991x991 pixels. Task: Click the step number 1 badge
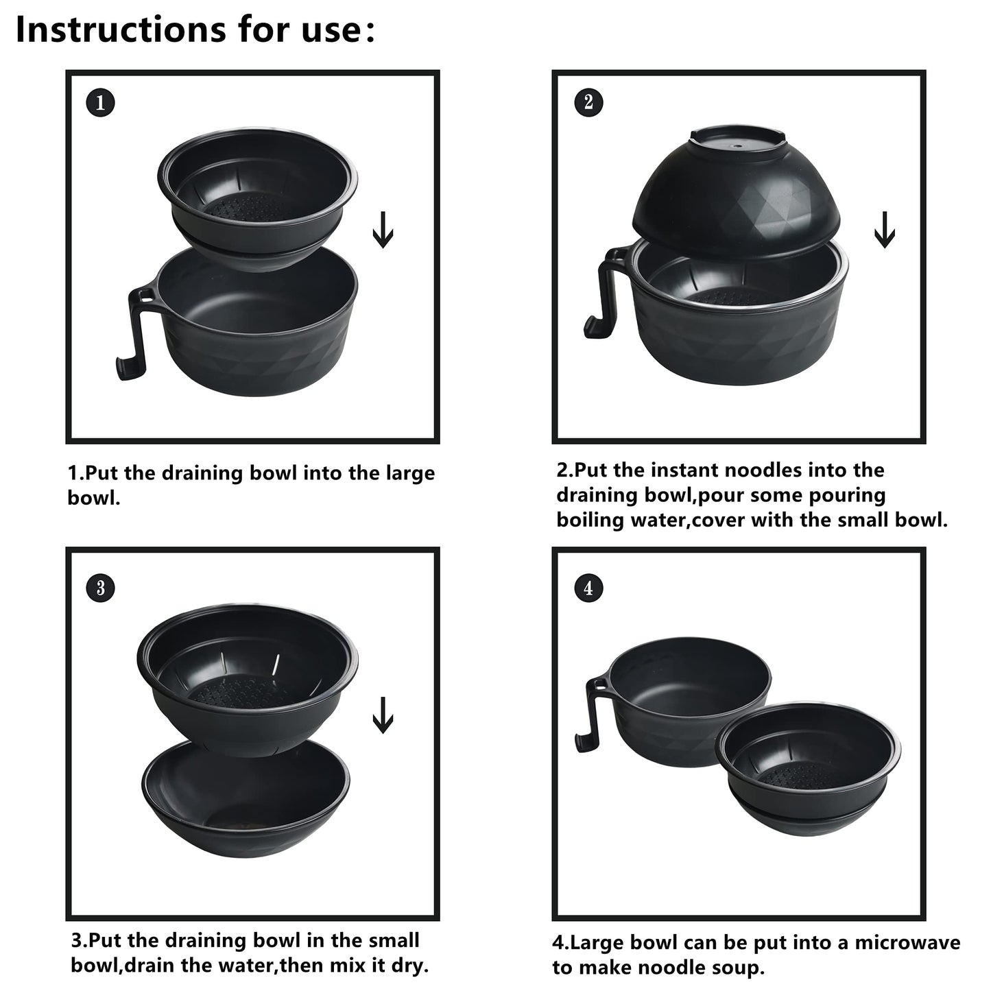[x=101, y=103]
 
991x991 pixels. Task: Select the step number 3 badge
[x=101, y=588]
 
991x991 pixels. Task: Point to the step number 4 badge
[x=588, y=588]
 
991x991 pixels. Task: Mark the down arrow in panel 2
[x=884, y=230]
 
